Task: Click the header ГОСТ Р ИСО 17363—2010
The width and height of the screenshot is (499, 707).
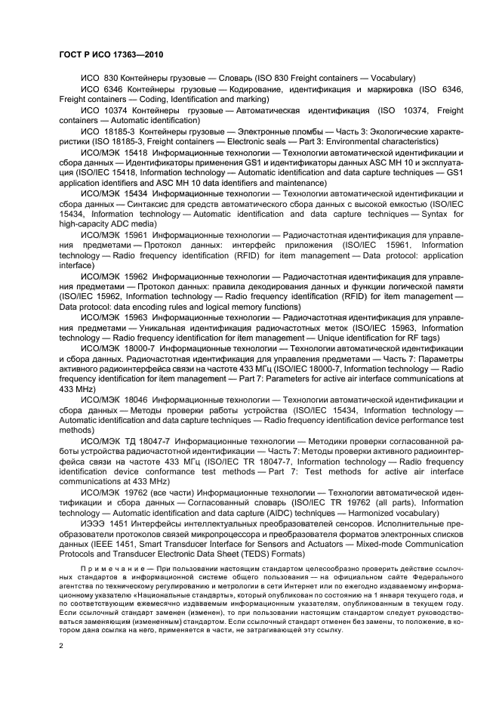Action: (111, 55)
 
